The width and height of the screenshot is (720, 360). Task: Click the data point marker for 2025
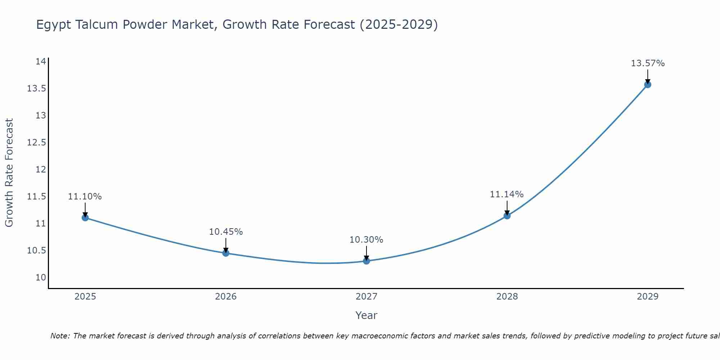click(85, 218)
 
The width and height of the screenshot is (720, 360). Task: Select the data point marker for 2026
click(226, 253)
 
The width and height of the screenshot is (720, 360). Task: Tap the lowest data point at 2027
click(366, 261)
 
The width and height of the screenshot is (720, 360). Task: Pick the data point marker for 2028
click(507, 216)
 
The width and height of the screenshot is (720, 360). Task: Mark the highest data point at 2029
click(648, 85)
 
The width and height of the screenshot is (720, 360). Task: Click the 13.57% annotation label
click(648, 63)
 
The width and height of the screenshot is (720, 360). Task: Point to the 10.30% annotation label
click(366, 240)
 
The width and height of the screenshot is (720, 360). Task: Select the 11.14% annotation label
click(507, 194)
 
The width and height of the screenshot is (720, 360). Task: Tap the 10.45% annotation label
click(226, 232)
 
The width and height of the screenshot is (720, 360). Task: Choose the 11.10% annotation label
click(85, 197)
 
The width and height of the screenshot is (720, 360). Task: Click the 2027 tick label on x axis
click(366, 297)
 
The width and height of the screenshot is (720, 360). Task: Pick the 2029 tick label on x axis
click(648, 297)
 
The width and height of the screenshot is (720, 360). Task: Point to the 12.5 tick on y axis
click(37, 143)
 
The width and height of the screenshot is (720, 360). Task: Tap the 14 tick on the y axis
click(41, 62)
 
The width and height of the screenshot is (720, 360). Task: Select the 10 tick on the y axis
click(41, 278)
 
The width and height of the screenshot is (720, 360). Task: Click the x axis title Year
click(366, 315)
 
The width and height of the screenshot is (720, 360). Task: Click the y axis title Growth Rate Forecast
click(9, 173)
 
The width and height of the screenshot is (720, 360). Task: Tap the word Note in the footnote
click(60, 336)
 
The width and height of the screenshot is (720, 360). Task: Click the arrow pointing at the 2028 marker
click(507, 207)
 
